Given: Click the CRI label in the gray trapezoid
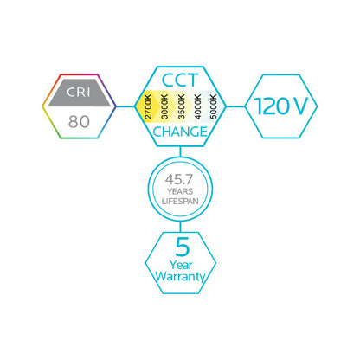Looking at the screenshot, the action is (79, 93).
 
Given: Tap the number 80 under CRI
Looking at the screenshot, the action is (79, 121).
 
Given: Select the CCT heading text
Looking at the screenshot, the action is (180, 80).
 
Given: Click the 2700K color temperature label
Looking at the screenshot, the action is (148, 106).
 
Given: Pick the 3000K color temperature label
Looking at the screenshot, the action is (164, 106).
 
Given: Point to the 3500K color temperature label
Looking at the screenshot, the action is (181, 106).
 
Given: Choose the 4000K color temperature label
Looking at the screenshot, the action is (197, 106).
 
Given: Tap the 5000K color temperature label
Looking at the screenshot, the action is (213, 106).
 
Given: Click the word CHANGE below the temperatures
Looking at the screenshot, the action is (180, 132).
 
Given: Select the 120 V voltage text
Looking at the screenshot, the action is (281, 106).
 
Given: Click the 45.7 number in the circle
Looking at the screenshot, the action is (179, 179).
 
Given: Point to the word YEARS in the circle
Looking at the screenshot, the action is (180, 191).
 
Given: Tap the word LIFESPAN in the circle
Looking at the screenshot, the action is (180, 201).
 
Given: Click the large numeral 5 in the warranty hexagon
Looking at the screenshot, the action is (183, 247).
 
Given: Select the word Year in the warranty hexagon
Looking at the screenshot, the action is (181, 265).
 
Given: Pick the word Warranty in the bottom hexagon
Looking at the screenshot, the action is (180, 276).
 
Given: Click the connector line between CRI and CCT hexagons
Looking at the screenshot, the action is (125, 106).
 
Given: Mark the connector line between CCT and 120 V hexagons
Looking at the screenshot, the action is (235, 106).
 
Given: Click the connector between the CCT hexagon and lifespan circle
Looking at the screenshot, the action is (180, 152).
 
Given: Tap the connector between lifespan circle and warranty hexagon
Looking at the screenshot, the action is (180, 227).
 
